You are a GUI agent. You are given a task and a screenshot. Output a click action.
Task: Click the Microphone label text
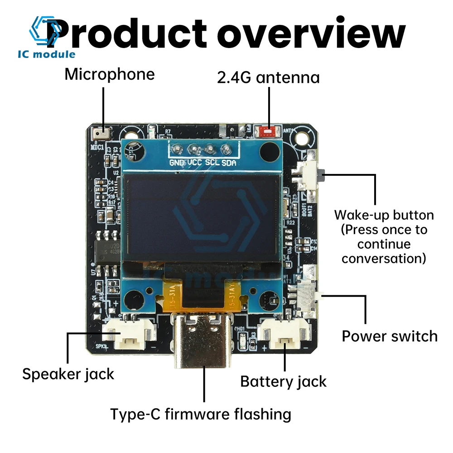(x=109, y=74)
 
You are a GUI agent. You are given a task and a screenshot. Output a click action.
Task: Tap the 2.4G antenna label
(x=268, y=77)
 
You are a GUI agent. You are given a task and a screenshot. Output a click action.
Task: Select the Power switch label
(x=390, y=336)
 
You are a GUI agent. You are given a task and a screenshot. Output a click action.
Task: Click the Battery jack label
(x=283, y=381)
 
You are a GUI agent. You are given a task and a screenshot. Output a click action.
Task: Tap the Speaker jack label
(x=68, y=374)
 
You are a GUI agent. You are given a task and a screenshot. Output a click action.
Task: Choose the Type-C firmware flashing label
(x=201, y=414)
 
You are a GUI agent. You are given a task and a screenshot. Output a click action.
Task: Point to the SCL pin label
(x=212, y=163)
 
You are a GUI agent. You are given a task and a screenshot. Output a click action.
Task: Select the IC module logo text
(x=47, y=55)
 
